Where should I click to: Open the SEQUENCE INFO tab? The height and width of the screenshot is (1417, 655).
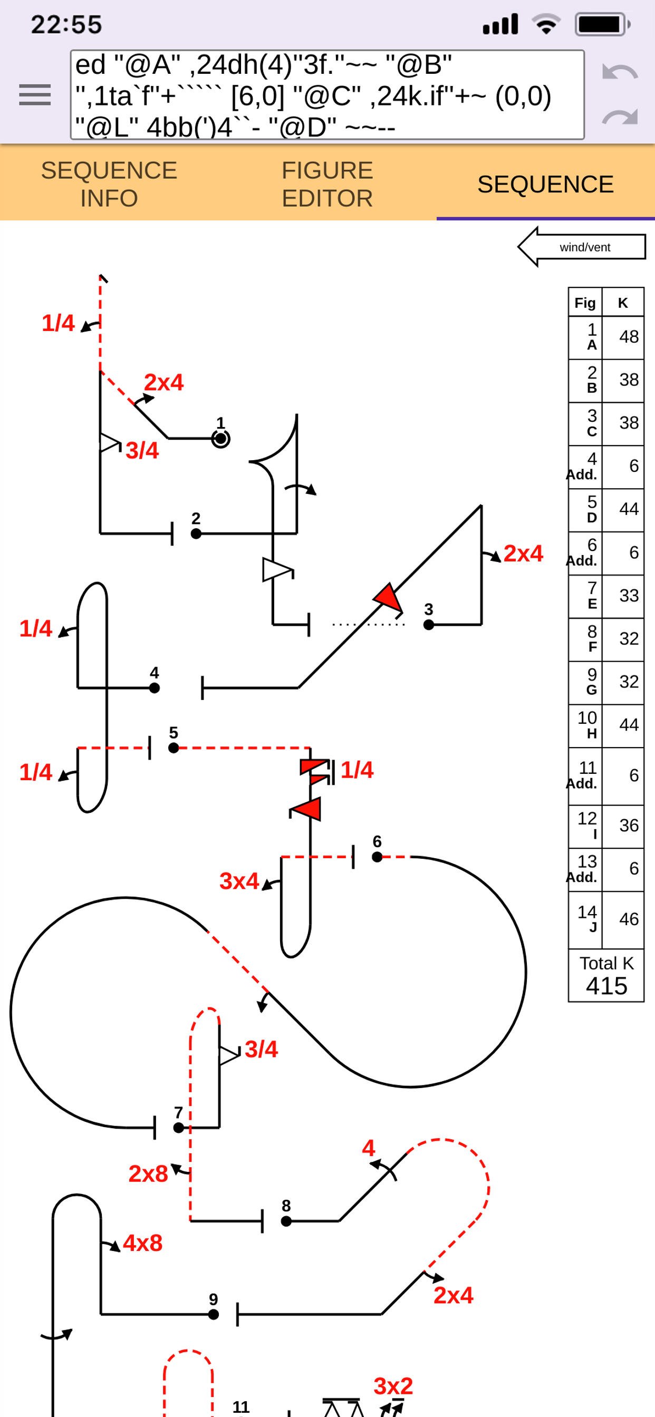(109, 185)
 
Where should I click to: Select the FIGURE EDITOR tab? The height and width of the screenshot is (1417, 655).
(327, 185)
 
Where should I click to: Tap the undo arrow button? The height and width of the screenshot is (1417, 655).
(620, 72)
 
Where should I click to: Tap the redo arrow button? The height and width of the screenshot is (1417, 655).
(620, 117)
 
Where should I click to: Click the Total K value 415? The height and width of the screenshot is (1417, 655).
(606, 986)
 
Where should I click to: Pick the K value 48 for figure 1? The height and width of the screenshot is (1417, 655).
(629, 337)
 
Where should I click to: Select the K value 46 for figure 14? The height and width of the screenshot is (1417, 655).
(629, 919)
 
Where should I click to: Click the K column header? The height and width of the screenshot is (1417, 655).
(623, 303)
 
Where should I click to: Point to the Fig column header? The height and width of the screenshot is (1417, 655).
(585, 303)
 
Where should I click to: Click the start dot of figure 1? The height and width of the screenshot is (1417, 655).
(221, 439)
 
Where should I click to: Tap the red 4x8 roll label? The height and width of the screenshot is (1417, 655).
(142, 1243)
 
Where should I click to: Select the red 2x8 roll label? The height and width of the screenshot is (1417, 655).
(148, 1174)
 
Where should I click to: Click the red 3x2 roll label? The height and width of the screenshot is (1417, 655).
(393, 1386)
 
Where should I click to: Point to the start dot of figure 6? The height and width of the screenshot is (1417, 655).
(377, 857)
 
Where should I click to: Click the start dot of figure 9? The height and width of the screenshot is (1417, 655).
(214, 1315)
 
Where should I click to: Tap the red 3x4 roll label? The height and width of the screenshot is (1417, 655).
(239, 881)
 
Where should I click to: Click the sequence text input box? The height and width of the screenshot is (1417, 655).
(327, 94)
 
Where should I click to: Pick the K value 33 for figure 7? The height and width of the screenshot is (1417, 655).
(629, 595)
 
